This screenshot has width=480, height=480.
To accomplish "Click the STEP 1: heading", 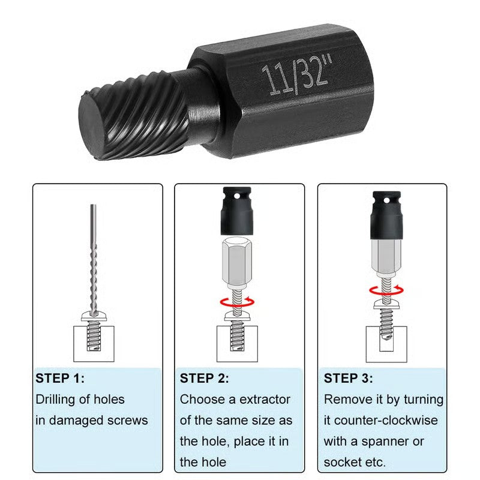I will (x=60, y=379).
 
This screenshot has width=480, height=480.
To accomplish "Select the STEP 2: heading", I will (x=204, y=379).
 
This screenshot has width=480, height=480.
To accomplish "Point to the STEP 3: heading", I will (x=348, y=379).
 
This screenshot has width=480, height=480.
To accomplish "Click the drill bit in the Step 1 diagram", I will (x=93, y=258).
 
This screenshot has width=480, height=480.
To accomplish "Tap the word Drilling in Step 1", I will (x=61, y=400).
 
